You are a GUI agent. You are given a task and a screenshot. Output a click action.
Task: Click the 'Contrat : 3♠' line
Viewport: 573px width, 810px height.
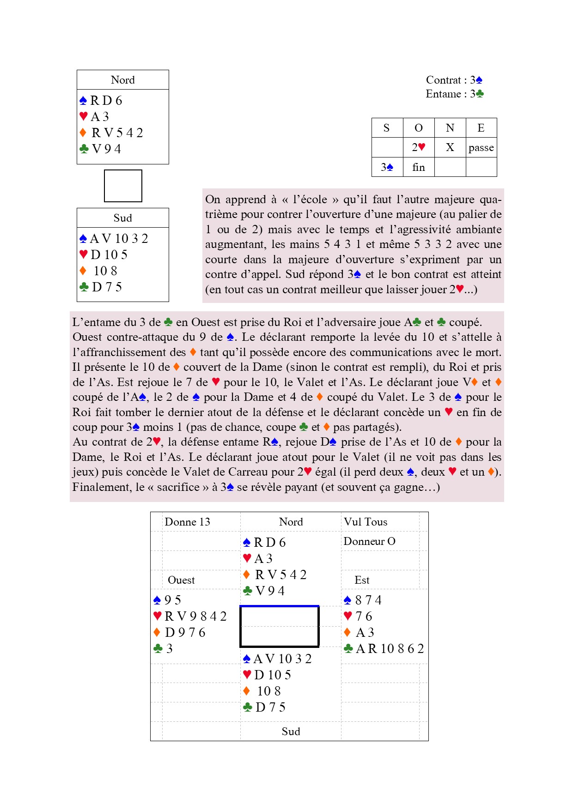[x=454, y=80]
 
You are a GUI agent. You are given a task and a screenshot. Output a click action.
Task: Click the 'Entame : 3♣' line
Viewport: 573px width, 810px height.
[x=454, y=94]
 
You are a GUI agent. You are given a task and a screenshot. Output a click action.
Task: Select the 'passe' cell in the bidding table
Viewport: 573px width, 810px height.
[x=481, y=148]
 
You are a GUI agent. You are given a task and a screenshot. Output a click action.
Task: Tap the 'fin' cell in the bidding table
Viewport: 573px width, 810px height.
[x=419, y=167]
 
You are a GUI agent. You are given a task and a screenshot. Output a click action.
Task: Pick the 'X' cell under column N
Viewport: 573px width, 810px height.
[x=450, y=147]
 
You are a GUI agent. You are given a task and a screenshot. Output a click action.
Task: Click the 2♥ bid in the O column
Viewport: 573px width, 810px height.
[x=419, y=147]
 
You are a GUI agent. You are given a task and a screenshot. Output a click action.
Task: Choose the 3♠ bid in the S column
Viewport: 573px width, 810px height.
[x=387, y=167]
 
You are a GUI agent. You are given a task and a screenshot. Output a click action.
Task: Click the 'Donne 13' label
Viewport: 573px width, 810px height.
[x=187, y=522]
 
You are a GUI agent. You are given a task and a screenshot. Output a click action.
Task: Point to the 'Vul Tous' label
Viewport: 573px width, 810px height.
[x=366, y=522]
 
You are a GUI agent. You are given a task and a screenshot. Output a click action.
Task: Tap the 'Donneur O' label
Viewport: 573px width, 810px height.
[x=369, y=541]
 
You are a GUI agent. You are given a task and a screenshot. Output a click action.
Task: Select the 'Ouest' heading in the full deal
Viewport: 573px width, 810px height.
[x=181, y=580]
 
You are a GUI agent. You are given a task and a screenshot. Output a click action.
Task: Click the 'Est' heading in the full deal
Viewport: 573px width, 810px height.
[x=362, y=580]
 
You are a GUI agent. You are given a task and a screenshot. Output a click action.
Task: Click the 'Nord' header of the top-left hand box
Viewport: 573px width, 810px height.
[x=123, y=80]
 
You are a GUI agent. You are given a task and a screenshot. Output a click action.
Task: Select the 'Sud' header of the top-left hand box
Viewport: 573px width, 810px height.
[x=123, y=218]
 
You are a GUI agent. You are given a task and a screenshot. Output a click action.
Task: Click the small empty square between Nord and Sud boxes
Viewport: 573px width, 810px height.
[x=123, y=186]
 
